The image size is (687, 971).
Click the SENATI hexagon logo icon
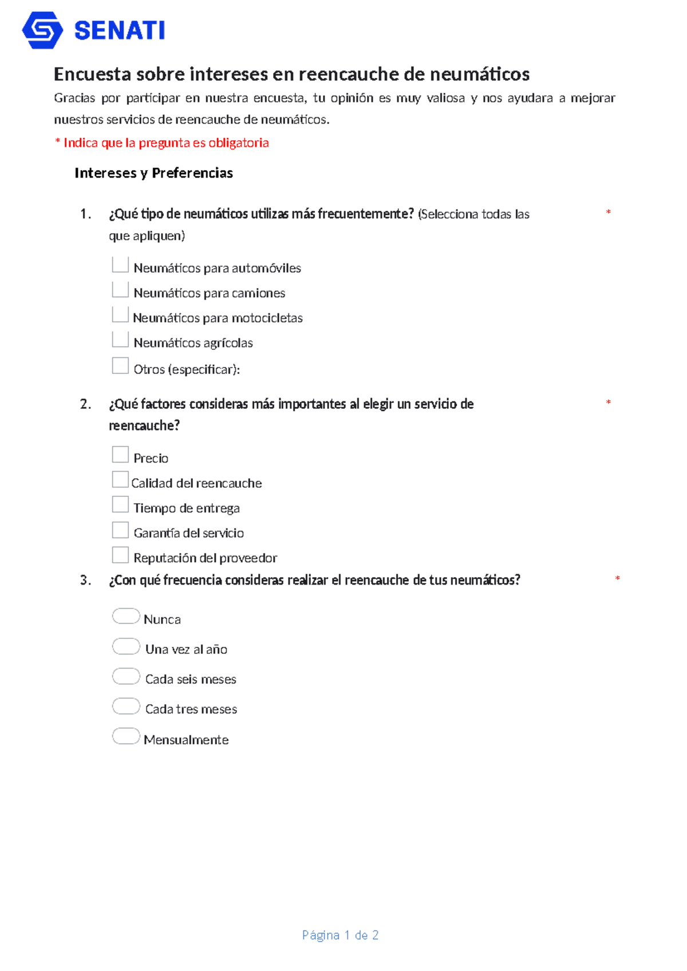(x=42, y=30)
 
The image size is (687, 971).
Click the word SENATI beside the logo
(x=120, y=31)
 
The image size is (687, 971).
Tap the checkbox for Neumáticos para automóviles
(x=120, y=265)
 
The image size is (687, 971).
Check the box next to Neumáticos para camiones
(x=120, y=290)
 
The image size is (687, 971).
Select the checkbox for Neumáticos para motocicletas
(x=120, y=314)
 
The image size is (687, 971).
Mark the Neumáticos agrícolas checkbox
(x=120, y=340)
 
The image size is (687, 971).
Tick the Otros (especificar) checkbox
(x=120, y=366)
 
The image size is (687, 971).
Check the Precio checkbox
(x=120, y=455)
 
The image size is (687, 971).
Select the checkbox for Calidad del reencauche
(x=120, y=479)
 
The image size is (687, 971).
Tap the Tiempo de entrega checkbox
(x=120, y=504)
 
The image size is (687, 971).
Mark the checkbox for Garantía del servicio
(x=120, y=530)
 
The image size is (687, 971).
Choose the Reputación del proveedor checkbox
(x=120, y=555)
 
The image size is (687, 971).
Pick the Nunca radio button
(x=126, y=616)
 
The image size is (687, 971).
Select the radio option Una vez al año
(x=126, y=646)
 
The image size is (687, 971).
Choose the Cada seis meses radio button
(x=126, y=676)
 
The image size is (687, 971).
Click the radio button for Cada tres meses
(x=126, y=706)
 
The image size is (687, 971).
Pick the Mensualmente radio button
(x=126, y=736)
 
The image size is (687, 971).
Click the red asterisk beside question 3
(x=617, y=579)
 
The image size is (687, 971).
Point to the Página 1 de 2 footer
(x=340, y=935)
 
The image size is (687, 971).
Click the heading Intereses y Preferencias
(x=153, y=173)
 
